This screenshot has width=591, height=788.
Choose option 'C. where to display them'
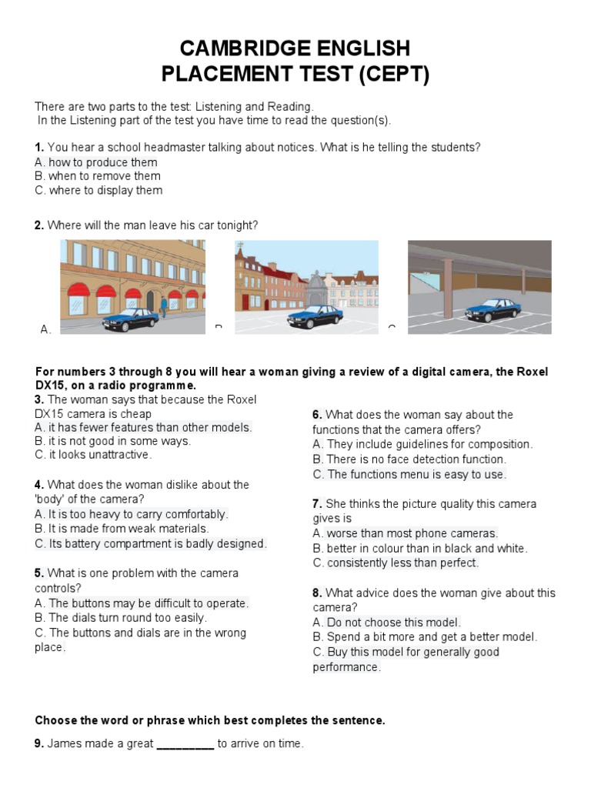(98, 191)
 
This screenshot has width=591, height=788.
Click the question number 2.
(38, 225)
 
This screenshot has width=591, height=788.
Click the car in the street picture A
(130, 319)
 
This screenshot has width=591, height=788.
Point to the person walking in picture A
(163, 306)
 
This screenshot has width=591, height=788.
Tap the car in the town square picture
(315, 316)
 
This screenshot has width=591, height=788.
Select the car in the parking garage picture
(492, 309)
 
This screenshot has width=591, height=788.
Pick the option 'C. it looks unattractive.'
(93, 455)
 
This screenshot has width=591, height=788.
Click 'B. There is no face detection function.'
(409, 459)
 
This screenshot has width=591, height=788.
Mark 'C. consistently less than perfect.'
(396, 563)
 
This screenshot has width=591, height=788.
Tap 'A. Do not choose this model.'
(387, 623)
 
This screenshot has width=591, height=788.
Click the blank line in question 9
(185, 744)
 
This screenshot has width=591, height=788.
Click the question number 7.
(317, 504)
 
